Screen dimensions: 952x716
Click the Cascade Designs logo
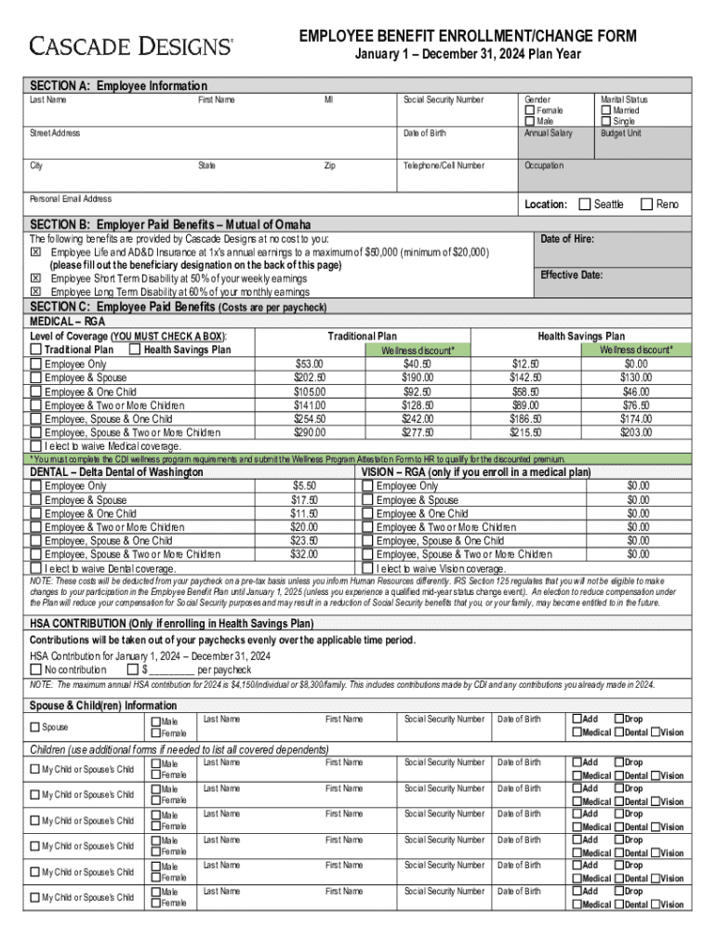(131, 46)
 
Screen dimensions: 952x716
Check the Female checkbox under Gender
(530, 111)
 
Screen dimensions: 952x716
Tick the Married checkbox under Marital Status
(606, 111)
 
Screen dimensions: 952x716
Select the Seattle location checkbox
(585, 205)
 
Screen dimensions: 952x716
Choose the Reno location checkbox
(647, 205)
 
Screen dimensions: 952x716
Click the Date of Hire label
(567, 240)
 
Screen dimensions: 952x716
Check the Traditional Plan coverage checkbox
(36, 350)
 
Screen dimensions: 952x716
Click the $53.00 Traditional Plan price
(310, 364)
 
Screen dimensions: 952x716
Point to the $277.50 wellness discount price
(418, 432)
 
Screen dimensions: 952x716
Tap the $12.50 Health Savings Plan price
(525, 364)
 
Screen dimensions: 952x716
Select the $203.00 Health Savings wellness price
(638, 432)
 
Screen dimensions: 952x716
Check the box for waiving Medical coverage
(36, 446)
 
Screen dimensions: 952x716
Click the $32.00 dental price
(304, 555)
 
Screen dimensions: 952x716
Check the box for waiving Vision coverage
(367, 568)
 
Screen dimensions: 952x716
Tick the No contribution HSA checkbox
(36, 669)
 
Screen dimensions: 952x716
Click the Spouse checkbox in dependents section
(36, 727)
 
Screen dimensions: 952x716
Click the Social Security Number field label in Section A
(443, 99)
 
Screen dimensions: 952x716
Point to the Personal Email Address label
(71, 199)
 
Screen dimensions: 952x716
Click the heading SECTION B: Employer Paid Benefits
(170, 225)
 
